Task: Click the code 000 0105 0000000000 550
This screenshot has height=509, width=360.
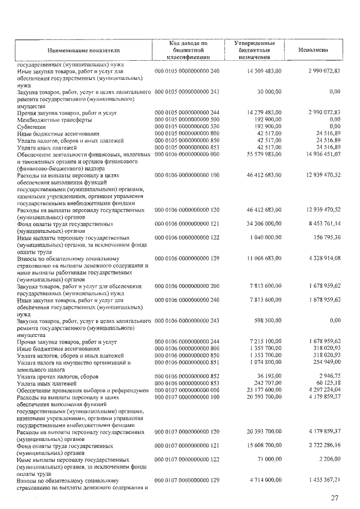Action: pos(187,127)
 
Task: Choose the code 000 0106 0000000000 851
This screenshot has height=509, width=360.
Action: pos(187,363)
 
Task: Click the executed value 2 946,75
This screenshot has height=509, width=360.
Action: pos(328,376)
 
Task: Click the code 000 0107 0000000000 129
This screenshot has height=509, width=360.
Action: pos(187,480)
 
